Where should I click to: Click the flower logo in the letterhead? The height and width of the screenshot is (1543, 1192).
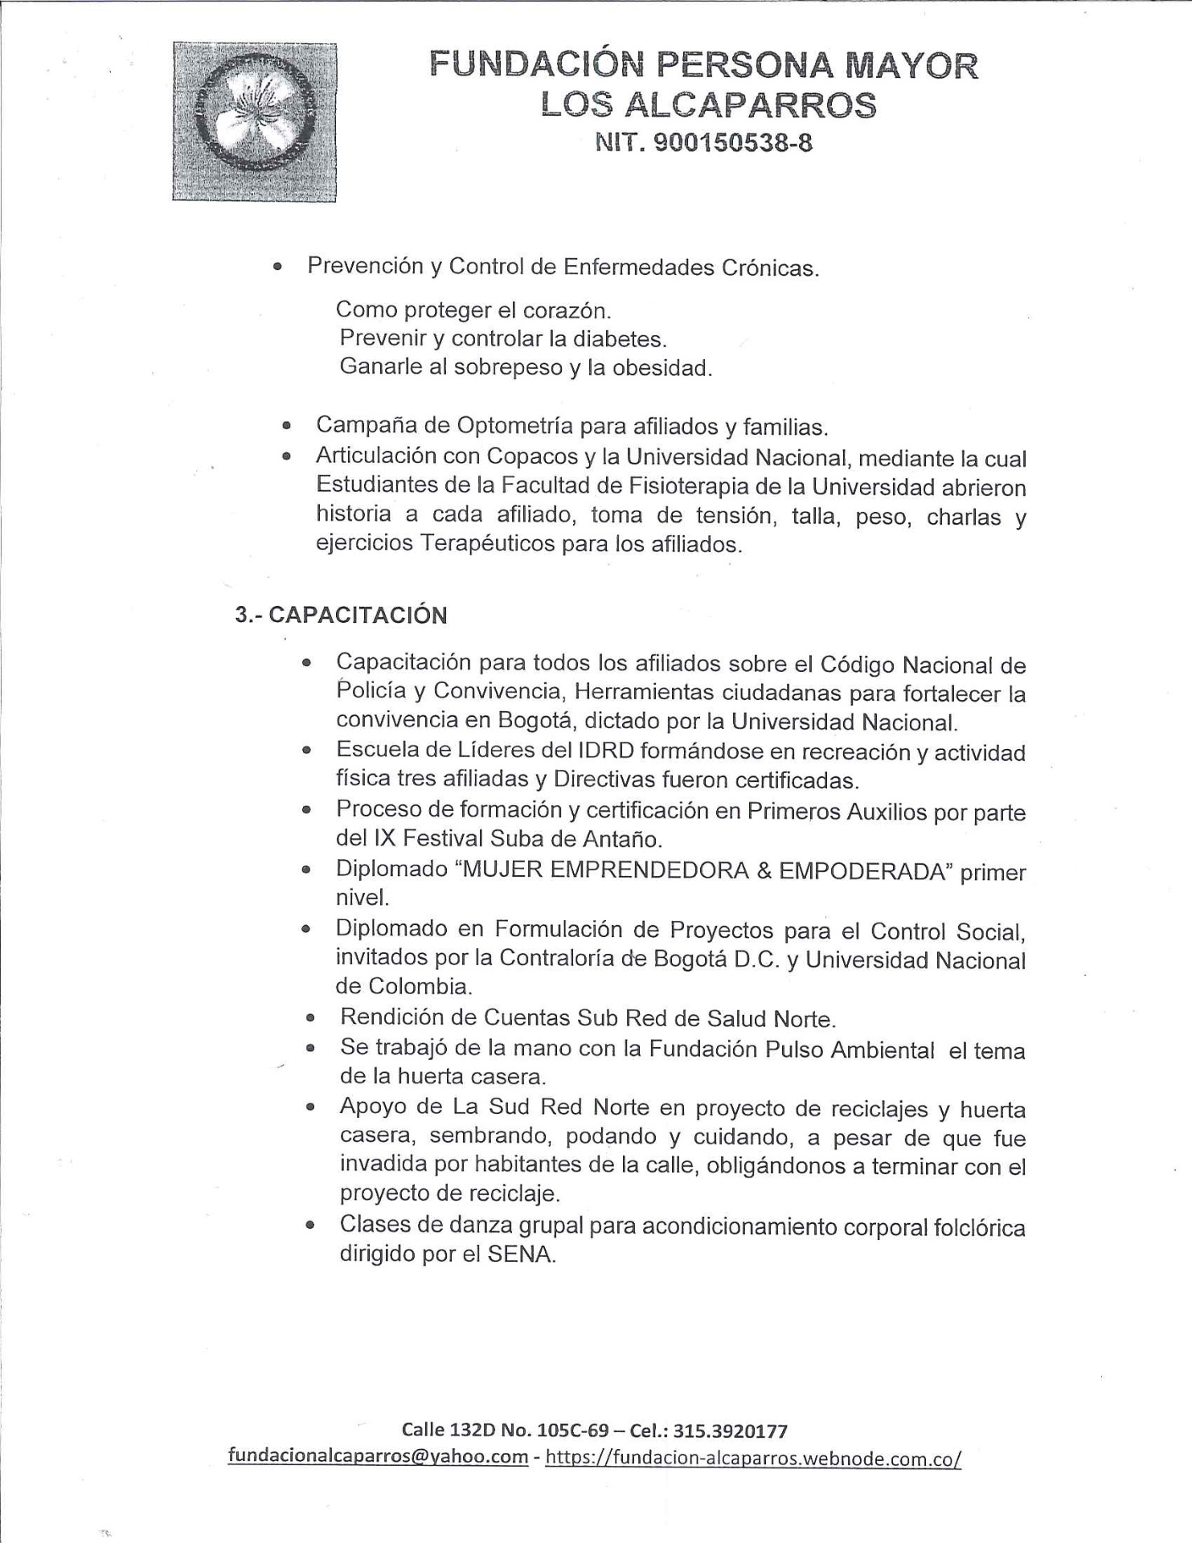coord(254,121)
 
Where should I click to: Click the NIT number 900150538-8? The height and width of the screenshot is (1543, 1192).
coord(703,144)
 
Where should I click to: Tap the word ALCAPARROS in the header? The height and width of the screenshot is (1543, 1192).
coord(750,105)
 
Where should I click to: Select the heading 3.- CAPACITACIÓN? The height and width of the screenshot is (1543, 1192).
coord(341,616)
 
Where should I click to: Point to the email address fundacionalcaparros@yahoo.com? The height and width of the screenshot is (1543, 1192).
coord(378,1456)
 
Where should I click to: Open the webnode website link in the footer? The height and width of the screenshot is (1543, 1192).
coord(753,1458)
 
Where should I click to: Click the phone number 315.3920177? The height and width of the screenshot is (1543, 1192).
coord(730,1430)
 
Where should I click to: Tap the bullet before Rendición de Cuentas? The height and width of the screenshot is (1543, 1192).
coord(310,1018)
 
